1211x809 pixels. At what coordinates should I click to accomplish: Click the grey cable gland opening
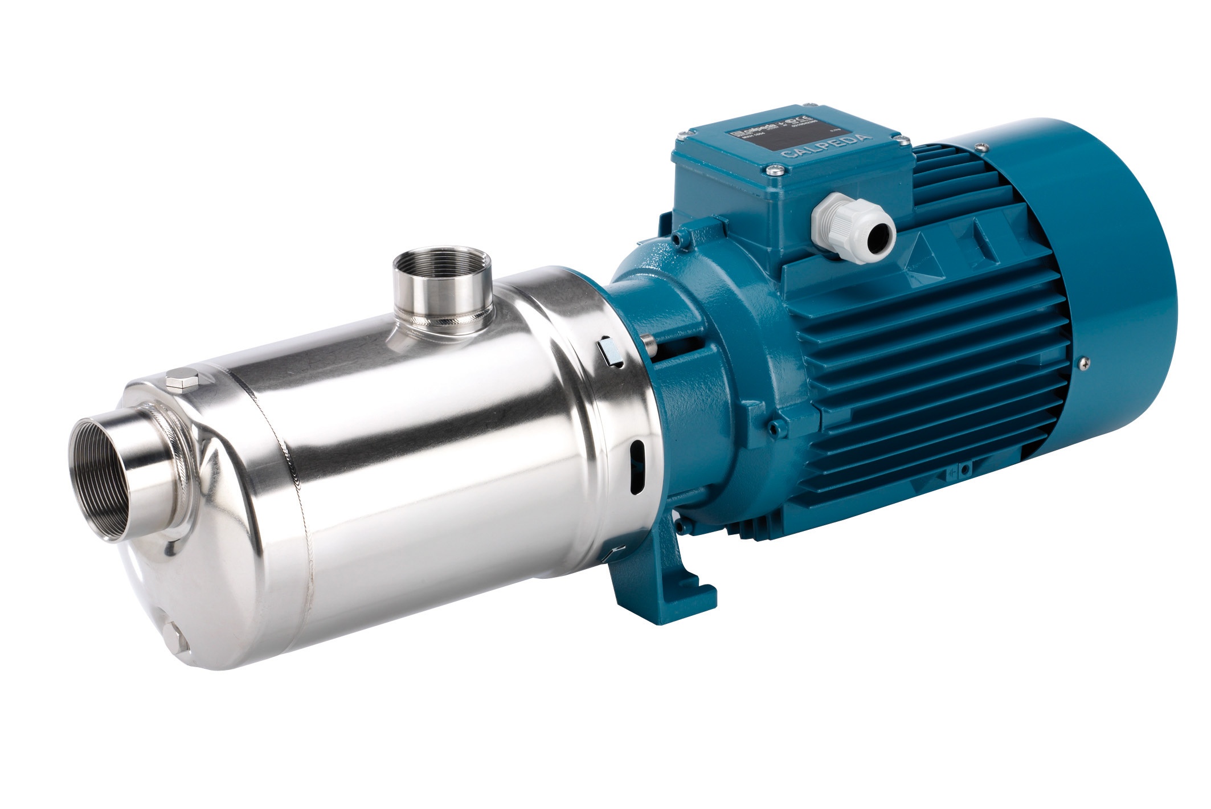click(x=879, y=231)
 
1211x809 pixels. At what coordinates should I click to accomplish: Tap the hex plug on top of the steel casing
click(x=182, y=380)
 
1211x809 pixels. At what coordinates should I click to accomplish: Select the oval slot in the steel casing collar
click(x=636, y=466)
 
